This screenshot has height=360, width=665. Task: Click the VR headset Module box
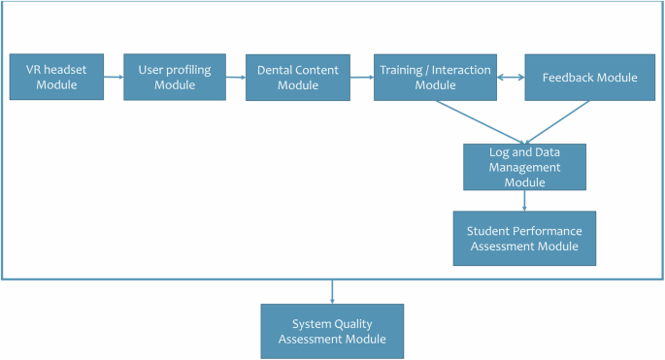(55, 77)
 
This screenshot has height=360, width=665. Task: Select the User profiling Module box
(175, 77)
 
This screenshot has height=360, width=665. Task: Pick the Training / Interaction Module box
(435, 77)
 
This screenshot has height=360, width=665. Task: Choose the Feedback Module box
(589, 77)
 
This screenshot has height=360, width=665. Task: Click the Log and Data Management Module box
(524, 166)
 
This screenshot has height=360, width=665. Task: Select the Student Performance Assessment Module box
(524, 238)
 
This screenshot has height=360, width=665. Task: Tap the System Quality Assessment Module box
(332, 331)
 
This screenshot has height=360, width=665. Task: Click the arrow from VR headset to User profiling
(113, 78)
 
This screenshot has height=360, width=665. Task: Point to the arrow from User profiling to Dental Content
(235, 78)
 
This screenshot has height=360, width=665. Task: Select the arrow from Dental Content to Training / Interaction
(362, 78)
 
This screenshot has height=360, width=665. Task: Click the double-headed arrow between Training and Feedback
(511, 78)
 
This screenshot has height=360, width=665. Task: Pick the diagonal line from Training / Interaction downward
(476, 121)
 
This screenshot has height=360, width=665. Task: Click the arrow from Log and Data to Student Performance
(524, 200)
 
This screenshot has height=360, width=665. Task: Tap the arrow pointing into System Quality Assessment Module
(332, 291)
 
